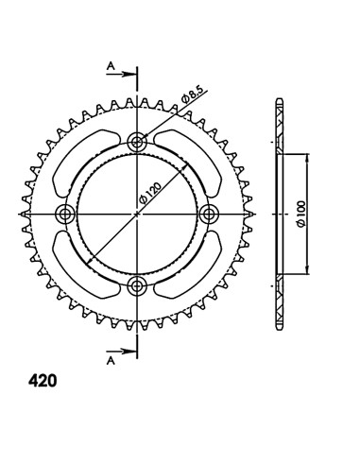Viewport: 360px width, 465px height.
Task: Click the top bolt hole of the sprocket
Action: (139, 143)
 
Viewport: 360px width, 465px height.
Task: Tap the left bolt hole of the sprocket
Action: (66, 215)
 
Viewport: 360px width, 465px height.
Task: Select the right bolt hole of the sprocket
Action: (211, 215)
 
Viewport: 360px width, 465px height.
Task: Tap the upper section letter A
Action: (110, 66)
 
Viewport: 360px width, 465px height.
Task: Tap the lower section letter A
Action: (110, 360)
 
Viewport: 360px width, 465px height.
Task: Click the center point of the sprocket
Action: (139, 215)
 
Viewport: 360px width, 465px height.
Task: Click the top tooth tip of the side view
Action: (281, 100)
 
